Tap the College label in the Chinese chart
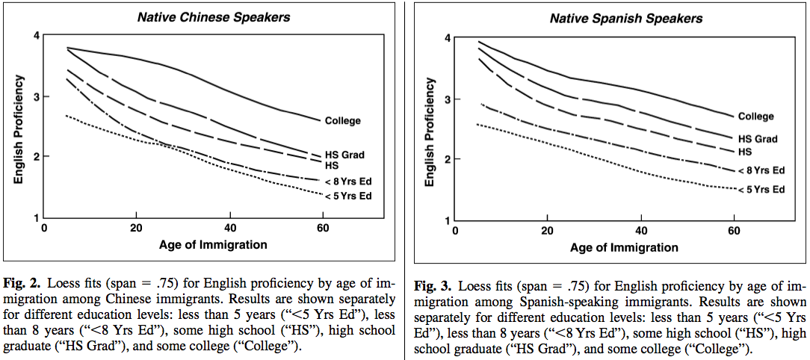click(343, 120)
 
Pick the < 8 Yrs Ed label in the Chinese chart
click(347, 181)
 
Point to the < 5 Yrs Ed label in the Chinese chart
click(347, 196)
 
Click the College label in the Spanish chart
click(756, 117)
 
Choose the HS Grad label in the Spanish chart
click(758, 139)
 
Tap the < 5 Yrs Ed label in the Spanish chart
click(761, 190)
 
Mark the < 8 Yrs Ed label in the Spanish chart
click(761, 170)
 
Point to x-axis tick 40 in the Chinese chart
click(230, 228)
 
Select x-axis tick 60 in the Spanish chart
click(734, 230)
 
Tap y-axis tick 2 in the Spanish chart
click(446, 159)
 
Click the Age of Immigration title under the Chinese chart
click(212, 243)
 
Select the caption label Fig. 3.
click(433, 287)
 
